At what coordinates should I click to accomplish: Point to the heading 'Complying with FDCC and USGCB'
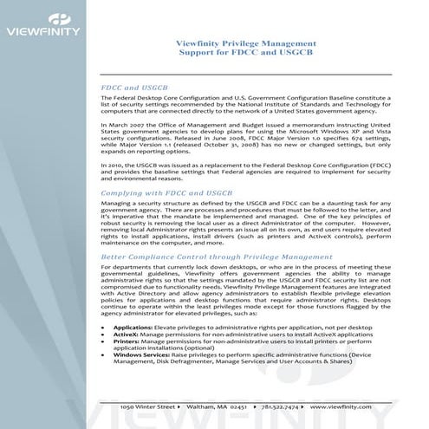[x=166, y=192]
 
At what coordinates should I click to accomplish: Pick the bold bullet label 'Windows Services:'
[x=140, y=357]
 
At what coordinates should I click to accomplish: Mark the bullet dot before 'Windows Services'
[x=104, y=357]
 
